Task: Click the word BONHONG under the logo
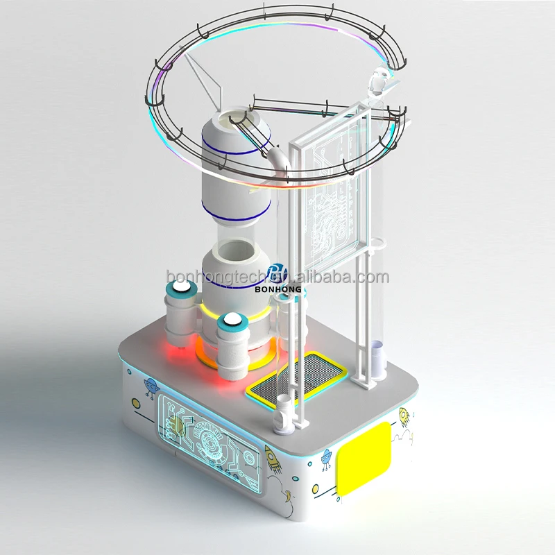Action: (x=278, y=289)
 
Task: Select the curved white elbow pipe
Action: (x=280, y=160)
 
